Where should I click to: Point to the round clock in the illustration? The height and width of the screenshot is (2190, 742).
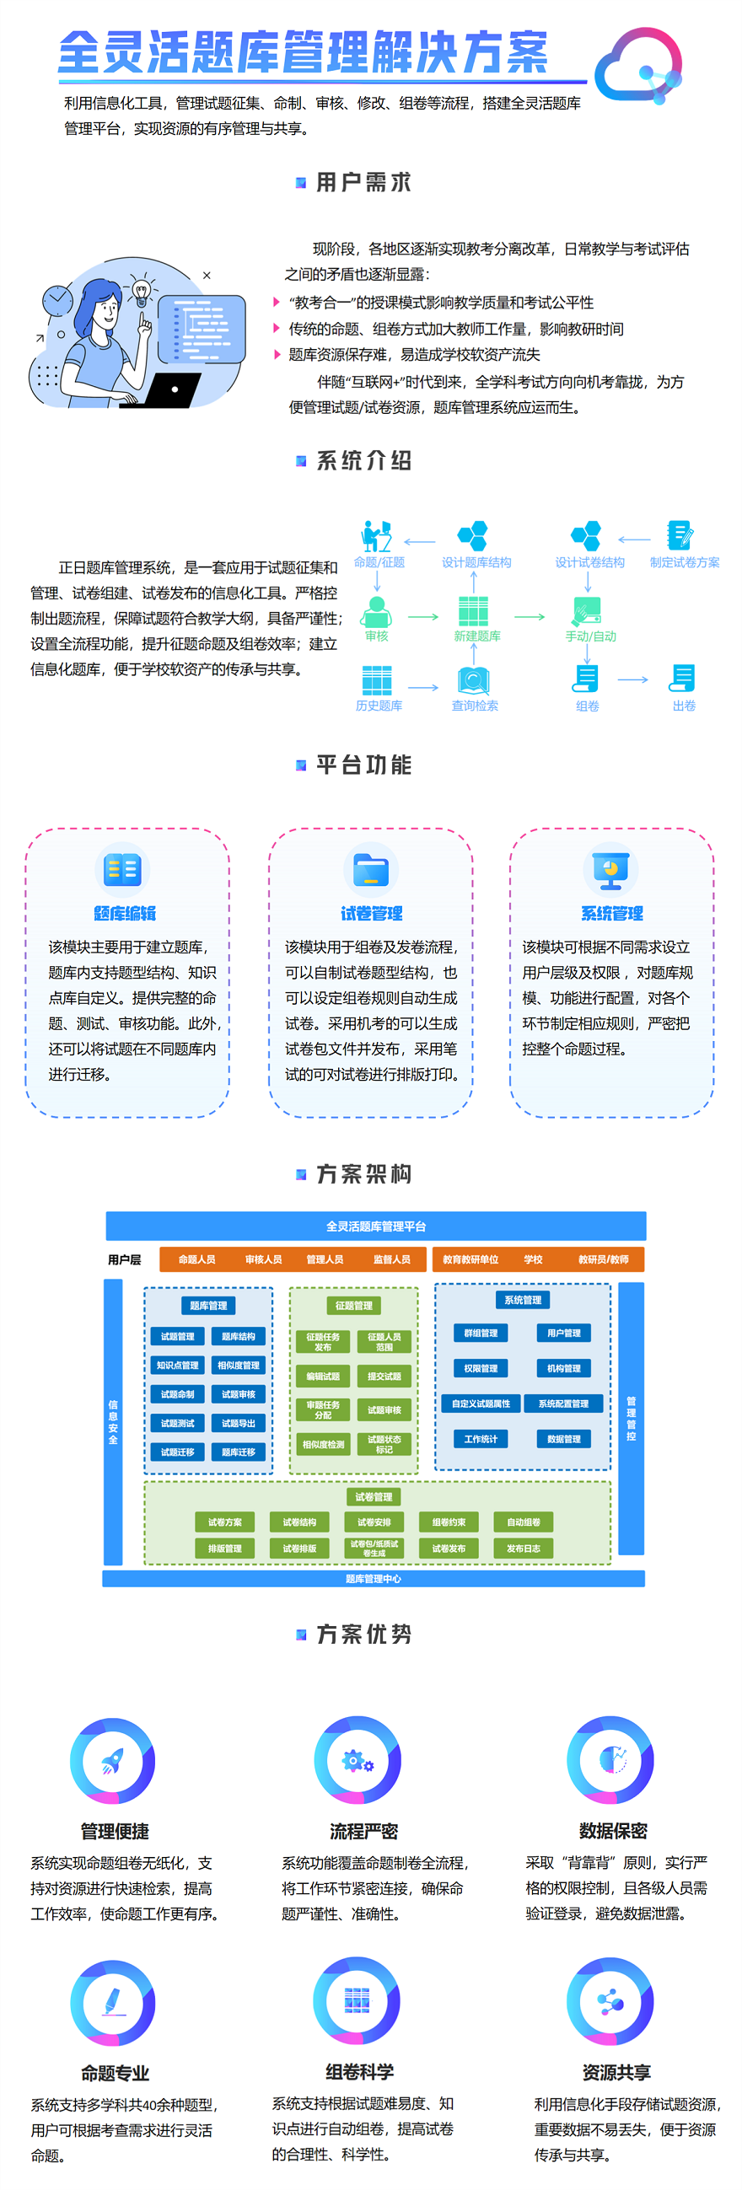click(58, 299)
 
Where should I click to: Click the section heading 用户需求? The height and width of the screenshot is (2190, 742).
click(363, 183)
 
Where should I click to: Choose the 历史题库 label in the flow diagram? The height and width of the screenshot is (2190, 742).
click(379, 706)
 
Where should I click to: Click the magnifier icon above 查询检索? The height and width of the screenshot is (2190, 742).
click(472, 680)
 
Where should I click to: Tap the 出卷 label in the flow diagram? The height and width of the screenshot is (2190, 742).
click(683, 706)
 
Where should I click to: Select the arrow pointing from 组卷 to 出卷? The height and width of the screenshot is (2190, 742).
click(632, 679)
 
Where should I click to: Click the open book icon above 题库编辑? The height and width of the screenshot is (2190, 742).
click(122, 870)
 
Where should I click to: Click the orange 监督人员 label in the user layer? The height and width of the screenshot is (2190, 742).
click(391, 1259)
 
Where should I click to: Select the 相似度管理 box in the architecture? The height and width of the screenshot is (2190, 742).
click(238, 1366)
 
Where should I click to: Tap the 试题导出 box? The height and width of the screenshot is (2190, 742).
click(238, 1423)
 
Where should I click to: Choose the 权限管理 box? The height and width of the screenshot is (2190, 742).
click(481, 1369)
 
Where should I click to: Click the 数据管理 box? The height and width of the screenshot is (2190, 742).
click(563, 1439)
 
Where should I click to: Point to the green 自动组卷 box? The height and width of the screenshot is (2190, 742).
click(523, 1522)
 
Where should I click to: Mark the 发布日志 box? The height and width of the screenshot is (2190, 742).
click(523, 1549)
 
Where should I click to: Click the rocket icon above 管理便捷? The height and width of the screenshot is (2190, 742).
click(112, 1760)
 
